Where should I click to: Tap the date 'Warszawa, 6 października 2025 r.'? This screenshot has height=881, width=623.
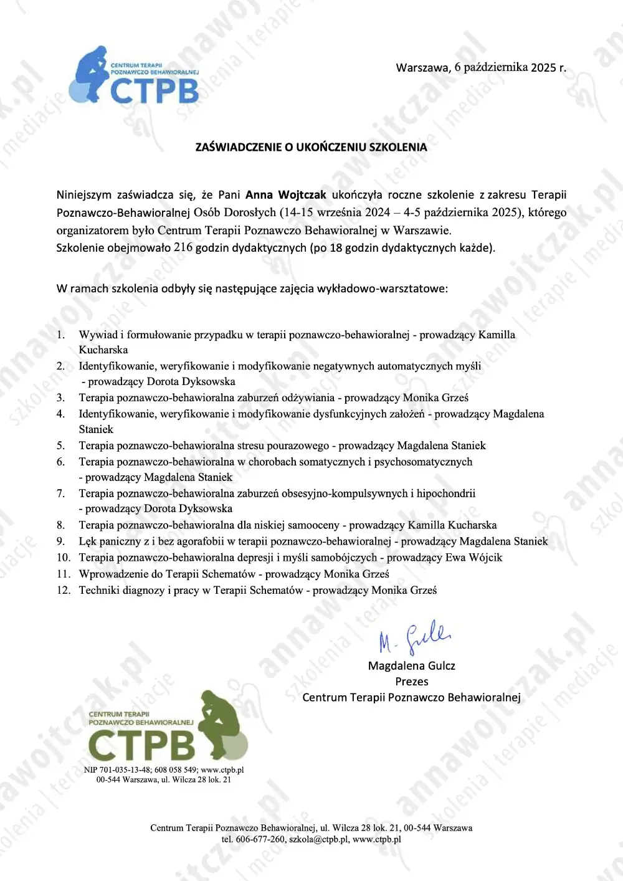(481, 67)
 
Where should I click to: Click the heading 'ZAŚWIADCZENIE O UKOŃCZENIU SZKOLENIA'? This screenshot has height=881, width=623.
(311, 148)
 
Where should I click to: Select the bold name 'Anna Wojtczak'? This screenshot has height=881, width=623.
(286, 195)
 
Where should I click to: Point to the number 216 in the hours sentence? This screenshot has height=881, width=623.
(183, 247)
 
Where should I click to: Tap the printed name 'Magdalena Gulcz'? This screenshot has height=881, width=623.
(411, 666)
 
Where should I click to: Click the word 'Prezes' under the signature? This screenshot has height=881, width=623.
(412, 682)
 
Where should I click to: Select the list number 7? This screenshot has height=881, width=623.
(60, 493)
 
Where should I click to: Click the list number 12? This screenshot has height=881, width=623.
(64, 590)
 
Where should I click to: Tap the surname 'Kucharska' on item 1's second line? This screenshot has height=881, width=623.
(103, 350)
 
